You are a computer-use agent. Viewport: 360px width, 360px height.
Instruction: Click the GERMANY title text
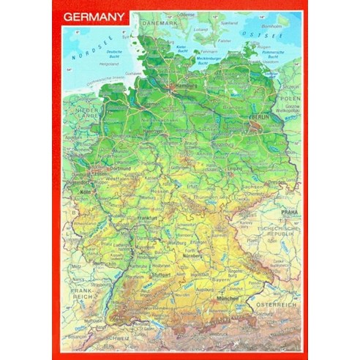pyautogui.click(x=93, y=19)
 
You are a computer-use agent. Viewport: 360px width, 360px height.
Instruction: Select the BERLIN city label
pyautogui.click(x=260, y=117)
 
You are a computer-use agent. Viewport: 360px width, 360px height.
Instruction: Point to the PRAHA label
pyautogui.click(x=287, y=212)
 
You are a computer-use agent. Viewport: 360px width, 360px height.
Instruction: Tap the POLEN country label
pyautogui.click(x=290, y=97)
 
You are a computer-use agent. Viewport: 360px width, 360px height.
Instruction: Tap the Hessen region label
pyautogui.click(x=160, y=192)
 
